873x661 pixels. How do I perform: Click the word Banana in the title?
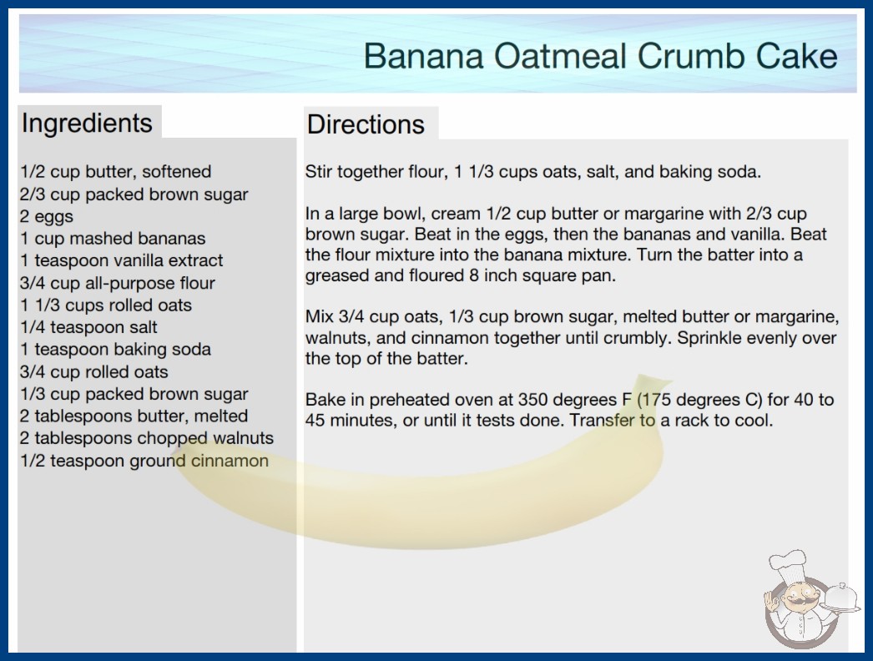(x=424, y=56)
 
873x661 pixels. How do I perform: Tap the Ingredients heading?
(x=87, y=124)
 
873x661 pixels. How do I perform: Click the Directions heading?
(x=366, y=124)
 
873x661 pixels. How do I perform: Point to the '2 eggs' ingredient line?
(x=47, y=216)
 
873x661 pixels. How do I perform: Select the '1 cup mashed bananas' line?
(x=113, y=239)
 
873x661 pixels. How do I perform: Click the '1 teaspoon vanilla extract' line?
(x=121, y=260)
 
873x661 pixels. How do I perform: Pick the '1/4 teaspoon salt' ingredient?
(x=88, y=327)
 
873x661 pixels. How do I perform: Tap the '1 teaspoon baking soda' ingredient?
(x=116, y=349)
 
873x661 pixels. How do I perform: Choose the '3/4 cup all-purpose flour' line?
(x=118, y=283)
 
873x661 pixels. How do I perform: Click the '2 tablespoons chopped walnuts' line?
(x=147, y=438)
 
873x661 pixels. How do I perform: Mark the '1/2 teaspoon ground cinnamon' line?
(x=144, y=461)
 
